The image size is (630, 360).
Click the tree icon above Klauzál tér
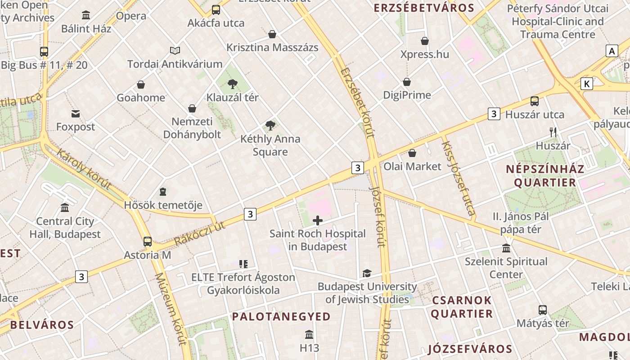(233, 83)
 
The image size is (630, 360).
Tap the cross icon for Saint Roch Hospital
(318, 220)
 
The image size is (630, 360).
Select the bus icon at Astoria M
(148, 242)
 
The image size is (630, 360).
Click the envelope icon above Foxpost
(76, 114)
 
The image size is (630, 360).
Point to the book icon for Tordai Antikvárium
(175, 51)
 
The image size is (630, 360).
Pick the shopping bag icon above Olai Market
(412, 153)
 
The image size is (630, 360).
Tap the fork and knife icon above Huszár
(553, 132)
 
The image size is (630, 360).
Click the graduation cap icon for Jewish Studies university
(367, 273)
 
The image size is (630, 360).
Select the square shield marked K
(587, 84)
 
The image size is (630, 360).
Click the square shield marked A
(612, 51)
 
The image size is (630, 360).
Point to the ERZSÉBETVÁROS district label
(424, 8)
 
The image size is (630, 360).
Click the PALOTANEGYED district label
(281, 317)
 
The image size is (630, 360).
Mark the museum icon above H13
(309, 335)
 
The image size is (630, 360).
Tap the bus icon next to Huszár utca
(535, 101)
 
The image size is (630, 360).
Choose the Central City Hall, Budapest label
(65, 228)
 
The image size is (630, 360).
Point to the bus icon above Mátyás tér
(543, 310)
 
